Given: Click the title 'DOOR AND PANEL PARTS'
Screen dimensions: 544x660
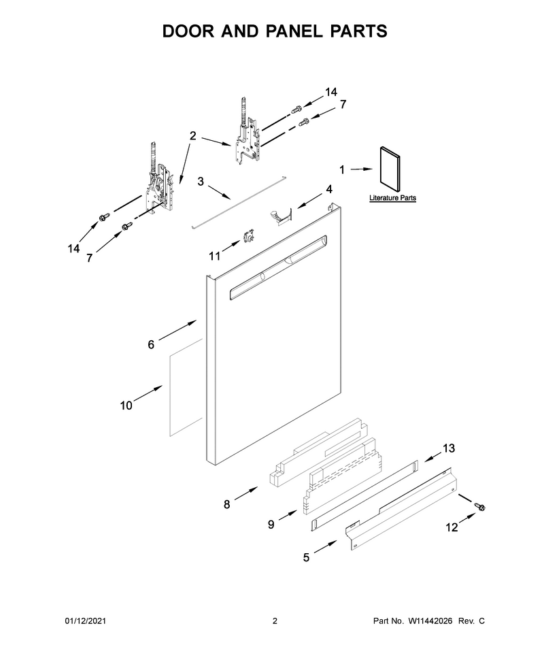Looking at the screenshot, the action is coord(275,31).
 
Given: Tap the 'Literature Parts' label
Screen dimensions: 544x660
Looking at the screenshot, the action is coord(392,198).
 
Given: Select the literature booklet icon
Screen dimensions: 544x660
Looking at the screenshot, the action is coord(390,167).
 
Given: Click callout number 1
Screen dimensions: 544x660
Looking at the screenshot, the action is coord(342,169).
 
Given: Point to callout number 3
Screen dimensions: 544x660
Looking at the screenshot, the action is coord(201,182).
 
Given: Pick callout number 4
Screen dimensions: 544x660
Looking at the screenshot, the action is coord(329,189).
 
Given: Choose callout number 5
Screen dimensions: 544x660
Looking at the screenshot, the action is coord(306,558).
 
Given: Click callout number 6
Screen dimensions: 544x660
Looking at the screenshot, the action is coord(151,345).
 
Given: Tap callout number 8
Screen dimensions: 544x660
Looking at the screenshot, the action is coord(226,504).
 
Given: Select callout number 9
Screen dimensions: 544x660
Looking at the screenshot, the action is coord(271,525).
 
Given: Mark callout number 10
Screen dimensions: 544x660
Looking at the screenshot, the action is coord(126,406).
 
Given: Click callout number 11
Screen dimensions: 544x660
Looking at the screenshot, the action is coord(215,256).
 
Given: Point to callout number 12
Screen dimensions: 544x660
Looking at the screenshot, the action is coord(452,527).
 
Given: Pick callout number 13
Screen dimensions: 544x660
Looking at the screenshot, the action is coord(449,448).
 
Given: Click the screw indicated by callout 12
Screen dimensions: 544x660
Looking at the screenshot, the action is coord(479,506).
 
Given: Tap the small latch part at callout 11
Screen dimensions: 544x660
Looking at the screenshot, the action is coord(248,236).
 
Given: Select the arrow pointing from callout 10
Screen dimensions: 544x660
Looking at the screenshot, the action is coord(148,393).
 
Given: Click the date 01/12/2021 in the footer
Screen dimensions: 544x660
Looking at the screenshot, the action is coord(85,621).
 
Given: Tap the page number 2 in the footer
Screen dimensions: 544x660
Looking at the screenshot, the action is coord(275,621).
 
